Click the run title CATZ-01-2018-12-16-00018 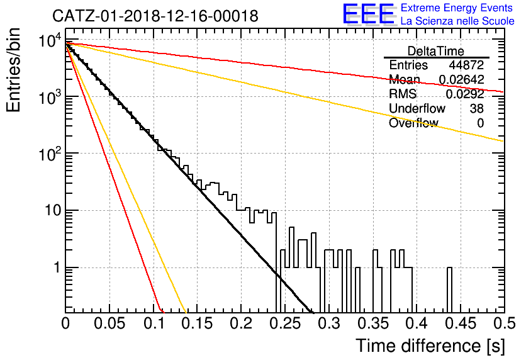point(155,16)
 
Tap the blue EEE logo point(369,14)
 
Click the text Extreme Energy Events point(457,8)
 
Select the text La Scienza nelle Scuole point(457,21)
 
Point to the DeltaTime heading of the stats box point(435,51)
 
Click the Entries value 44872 point(466,65)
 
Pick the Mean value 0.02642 point(461,79)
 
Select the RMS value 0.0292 point(464,94)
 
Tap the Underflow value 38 point(476,108)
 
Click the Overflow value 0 point(480,123)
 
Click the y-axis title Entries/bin point(13,70)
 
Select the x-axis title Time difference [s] point(430,346)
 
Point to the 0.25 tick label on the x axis point(285,323)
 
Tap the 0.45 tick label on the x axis point(461,323)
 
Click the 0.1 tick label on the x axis point(154,323)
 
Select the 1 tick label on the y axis point(57,267)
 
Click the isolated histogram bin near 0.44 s point(449,290)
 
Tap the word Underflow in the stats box point(417,108)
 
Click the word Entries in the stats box point(408,65)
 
